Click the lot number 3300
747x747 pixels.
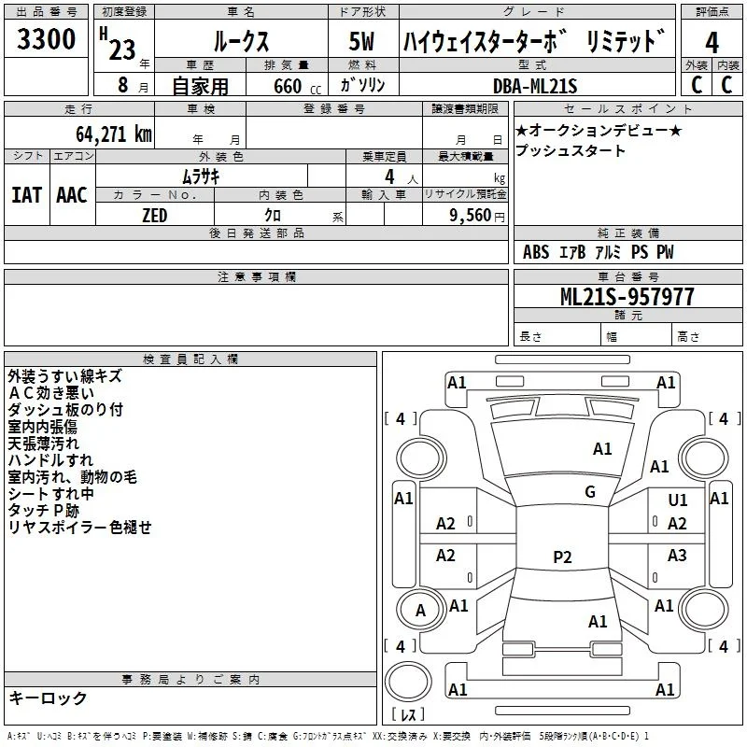(46, 38)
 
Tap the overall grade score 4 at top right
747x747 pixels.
(712, 43)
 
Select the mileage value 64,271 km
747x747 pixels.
(114, 134)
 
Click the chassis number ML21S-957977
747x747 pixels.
(627, 297)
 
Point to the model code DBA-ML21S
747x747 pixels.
(535, 86)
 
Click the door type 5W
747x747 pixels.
(361, 42)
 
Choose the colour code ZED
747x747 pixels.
(155, 216)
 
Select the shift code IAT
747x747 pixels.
(27, 195)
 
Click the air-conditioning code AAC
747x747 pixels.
(72, 195)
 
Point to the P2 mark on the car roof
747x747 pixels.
(562, 557)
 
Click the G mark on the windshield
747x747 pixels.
(590, 492)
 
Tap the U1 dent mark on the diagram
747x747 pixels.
(678, 500)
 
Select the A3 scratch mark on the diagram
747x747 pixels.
(677, 555)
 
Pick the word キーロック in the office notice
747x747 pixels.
(48, 698)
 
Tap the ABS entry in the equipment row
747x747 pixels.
(536, 252)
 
